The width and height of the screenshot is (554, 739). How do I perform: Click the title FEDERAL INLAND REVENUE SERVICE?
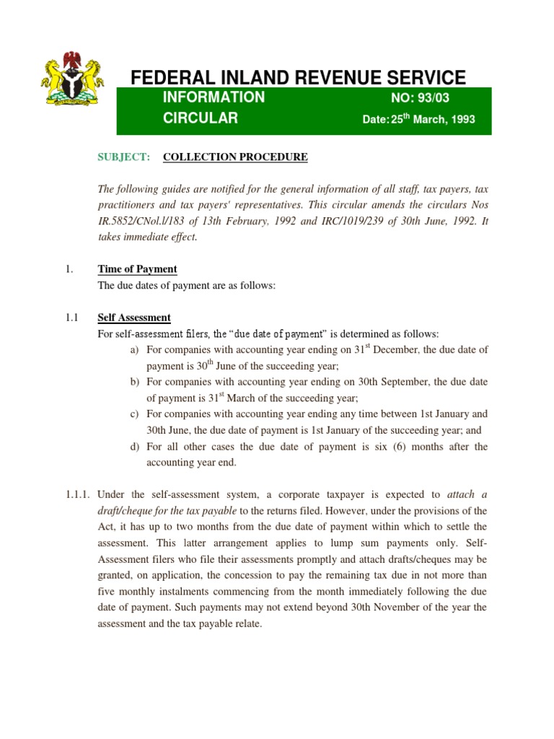tap(297, 77)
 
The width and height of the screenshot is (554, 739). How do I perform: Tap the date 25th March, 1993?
tap(433, 119)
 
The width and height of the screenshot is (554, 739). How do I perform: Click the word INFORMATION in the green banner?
tap(214, 97)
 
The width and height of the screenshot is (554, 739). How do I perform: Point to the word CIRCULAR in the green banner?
tap(200, 118)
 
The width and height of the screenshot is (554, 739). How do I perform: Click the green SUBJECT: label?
tap(124, 157)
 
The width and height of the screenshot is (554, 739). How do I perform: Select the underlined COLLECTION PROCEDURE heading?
tap(235, 157)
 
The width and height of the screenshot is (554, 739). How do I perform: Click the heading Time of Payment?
tap(137, 269)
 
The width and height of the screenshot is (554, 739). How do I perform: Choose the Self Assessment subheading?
tap(134, 318)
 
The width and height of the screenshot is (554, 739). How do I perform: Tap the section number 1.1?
tap(70, 318)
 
